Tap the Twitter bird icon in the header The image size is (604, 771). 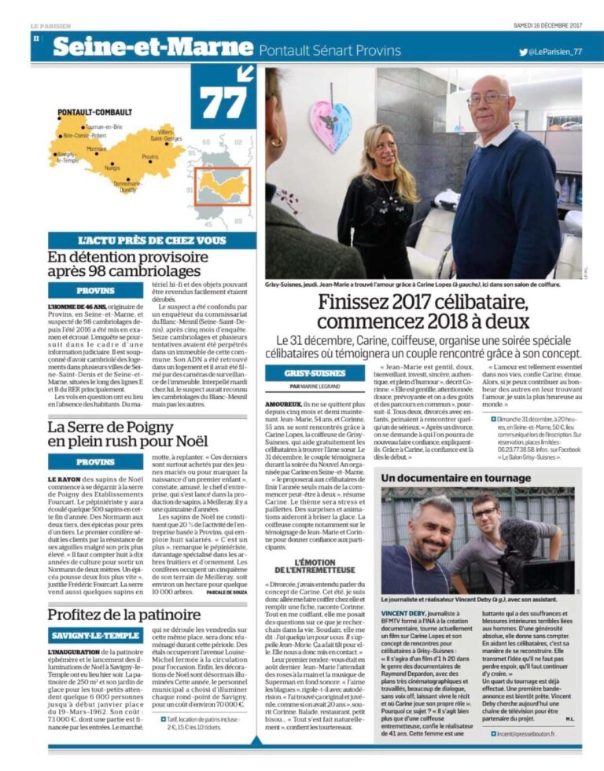click(524, 51)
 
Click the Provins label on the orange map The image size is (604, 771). click(149, 157)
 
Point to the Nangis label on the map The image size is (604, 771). click(112, 167)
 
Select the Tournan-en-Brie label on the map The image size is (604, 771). click(104, 127)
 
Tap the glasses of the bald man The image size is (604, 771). click(488, 99)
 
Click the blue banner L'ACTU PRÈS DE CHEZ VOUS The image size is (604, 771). click(153, 240)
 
